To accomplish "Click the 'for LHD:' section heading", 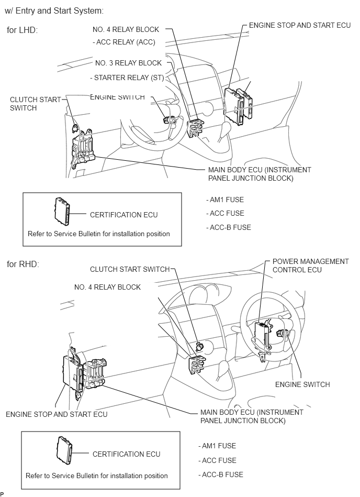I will tap(22, 30).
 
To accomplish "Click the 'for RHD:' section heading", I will tap(22, 264).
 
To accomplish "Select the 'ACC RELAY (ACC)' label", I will tap(125, 42).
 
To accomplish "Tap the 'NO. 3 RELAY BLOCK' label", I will tap(128, 63).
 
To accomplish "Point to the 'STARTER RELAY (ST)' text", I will tap(128, 78).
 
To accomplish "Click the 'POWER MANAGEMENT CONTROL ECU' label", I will tap(310, 266).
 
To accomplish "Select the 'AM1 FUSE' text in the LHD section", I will tap(226, 200).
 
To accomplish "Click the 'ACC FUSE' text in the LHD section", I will tap(226, 213).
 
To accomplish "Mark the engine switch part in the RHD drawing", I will tap(285, 333).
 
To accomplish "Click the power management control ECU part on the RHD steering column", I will tap(262, 335).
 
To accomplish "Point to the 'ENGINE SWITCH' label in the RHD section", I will tap(302, 384).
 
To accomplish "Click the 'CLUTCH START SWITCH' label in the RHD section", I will tap(130, 269).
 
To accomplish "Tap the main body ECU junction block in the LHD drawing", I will tap(85, 147).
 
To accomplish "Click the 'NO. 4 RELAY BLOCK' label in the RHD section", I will tap(107, 287).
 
